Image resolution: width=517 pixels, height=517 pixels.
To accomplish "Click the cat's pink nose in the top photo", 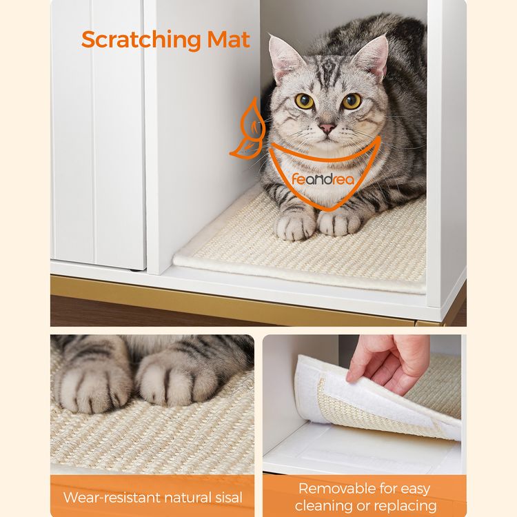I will [326, 128].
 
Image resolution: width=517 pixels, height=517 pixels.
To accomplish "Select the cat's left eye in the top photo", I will [304, 101].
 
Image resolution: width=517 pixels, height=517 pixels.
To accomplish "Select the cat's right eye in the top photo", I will [352, 101].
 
